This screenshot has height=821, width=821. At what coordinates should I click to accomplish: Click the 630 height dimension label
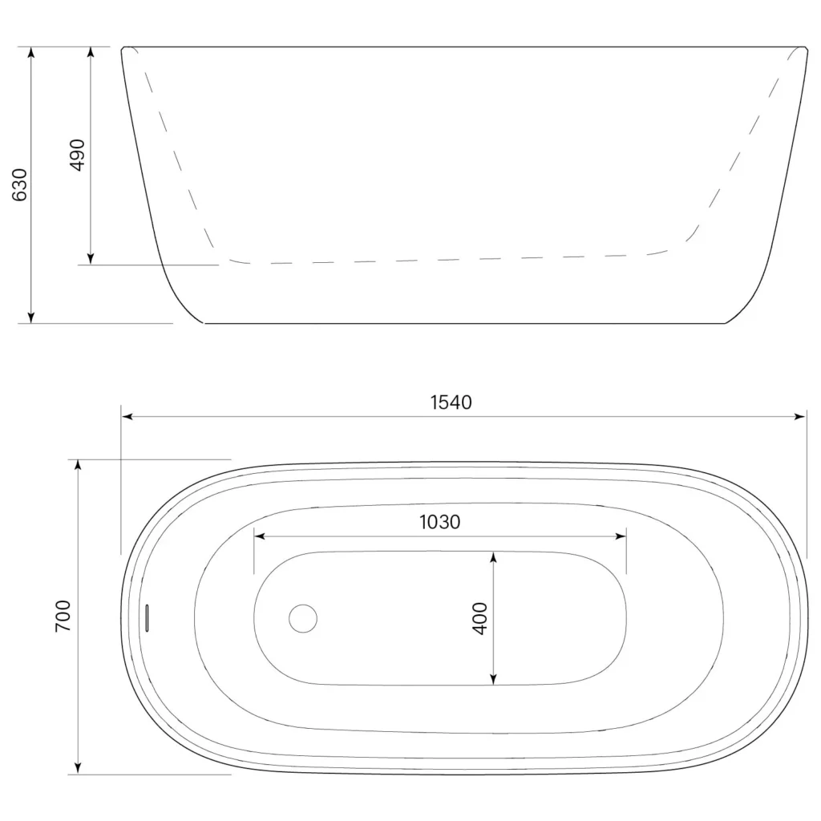[x=20, y=185]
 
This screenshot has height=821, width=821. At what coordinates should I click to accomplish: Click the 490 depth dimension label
[x=78, y=155]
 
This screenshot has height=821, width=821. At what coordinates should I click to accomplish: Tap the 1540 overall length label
[x=451, y=402]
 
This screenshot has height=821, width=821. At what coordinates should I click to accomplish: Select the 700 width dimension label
[x=63, y=617]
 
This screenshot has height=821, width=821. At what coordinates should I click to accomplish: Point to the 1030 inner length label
[x=440, y=522]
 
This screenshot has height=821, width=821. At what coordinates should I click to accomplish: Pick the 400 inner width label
[x=480, y=618]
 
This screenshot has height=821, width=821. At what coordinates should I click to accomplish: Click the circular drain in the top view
[x=303, y=618]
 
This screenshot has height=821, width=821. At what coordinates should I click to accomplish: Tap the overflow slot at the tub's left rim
[x=148, y=618]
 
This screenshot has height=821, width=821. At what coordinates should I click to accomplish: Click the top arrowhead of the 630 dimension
[x=31, y=52]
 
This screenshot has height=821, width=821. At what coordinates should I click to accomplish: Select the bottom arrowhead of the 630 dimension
[x=31, y=317]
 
